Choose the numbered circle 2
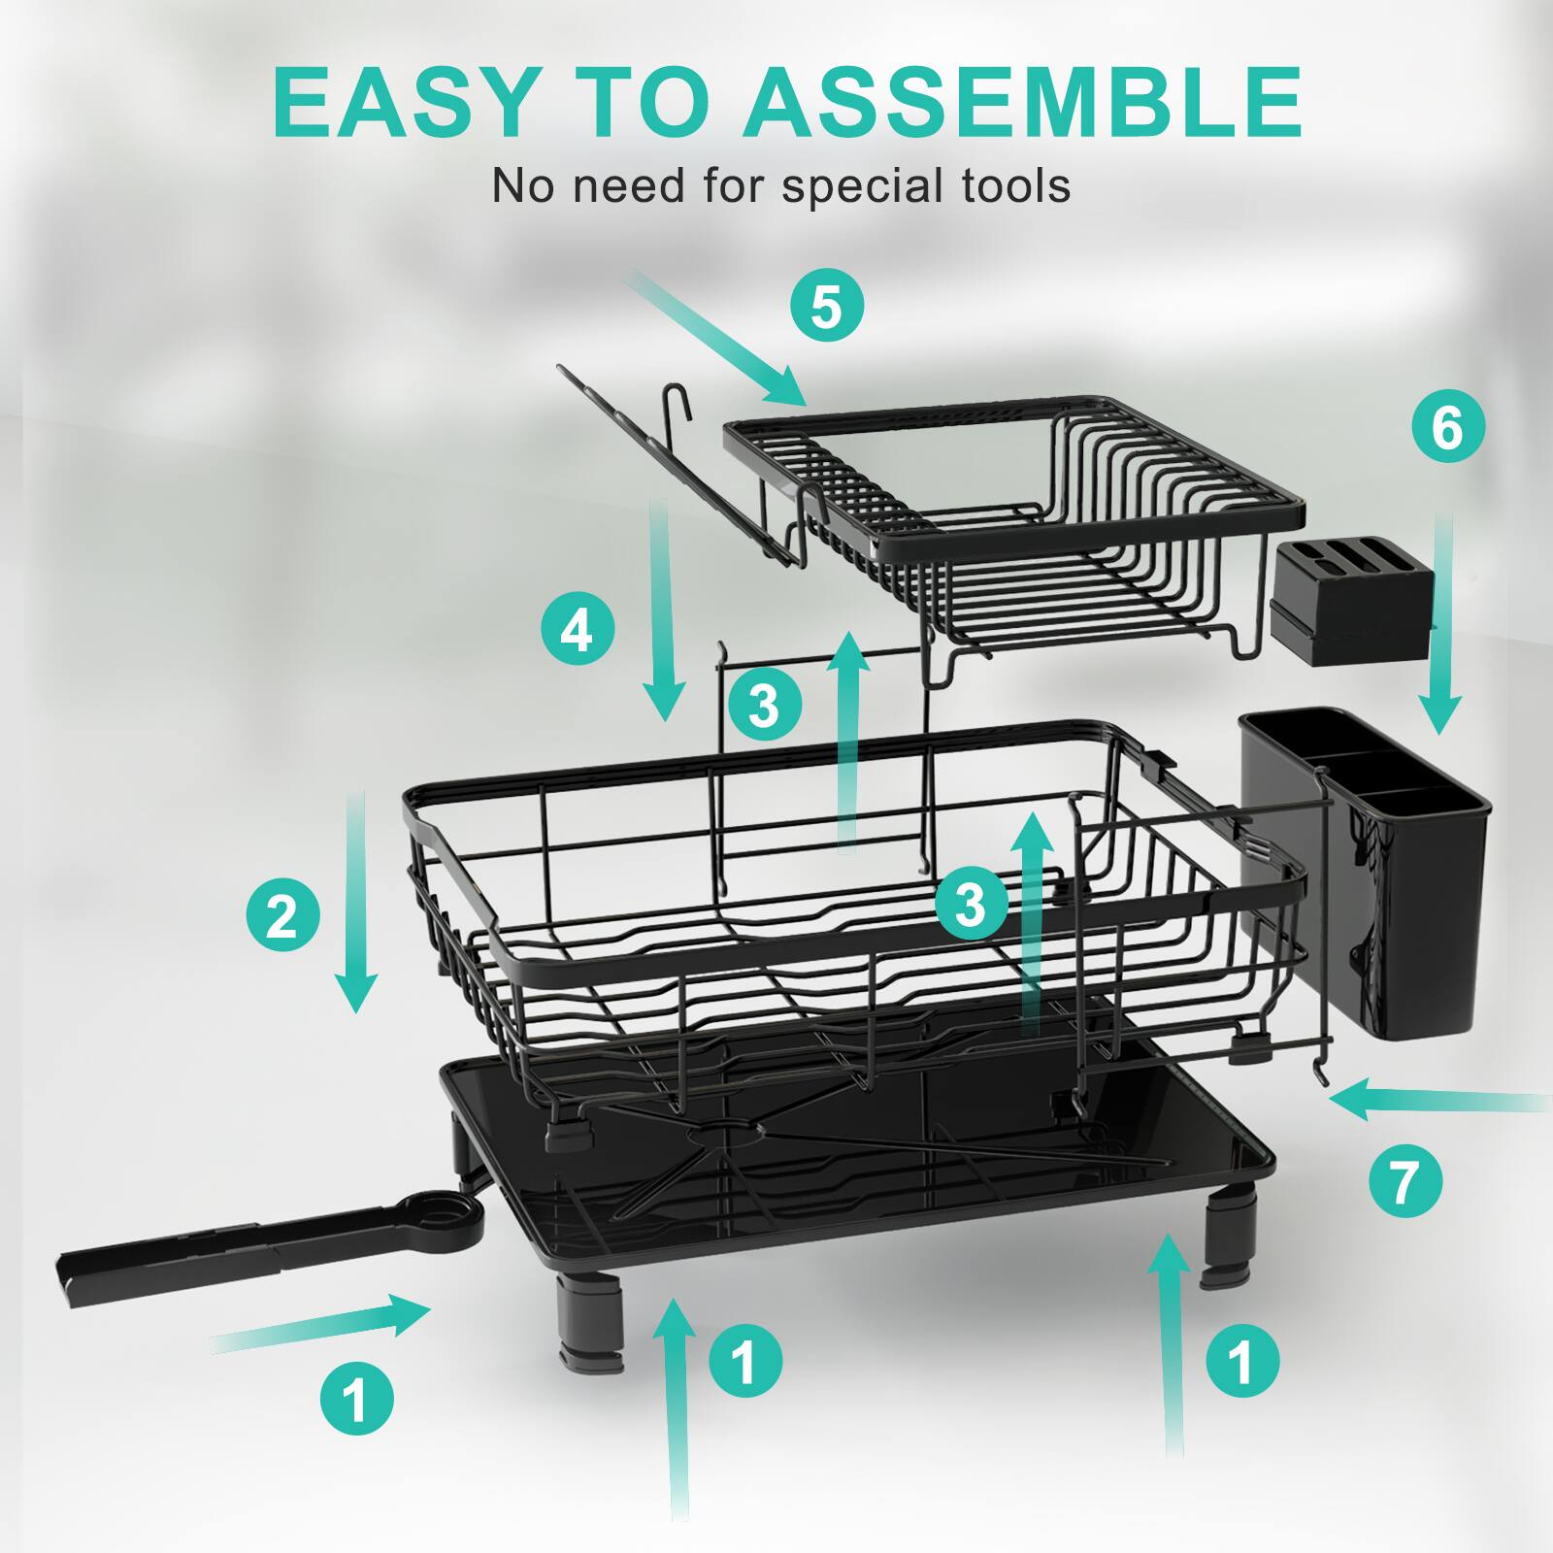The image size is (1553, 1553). tap(282, 913)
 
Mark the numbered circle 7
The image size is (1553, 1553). tap(1405, 1181)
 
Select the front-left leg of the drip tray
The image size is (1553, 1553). tap(590, 1322)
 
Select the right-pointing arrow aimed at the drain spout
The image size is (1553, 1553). tap(320, 1325)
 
